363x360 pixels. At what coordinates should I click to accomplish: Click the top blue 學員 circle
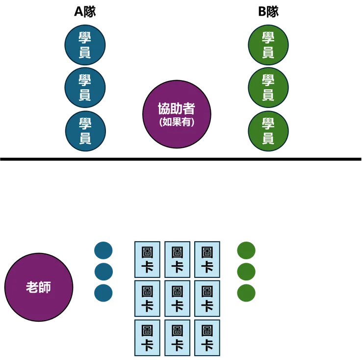pos(85,45)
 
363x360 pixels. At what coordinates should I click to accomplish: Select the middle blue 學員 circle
pos(85,87)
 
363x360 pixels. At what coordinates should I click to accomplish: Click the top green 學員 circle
pos(268,45)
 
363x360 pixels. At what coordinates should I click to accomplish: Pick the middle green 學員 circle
pos(268,87)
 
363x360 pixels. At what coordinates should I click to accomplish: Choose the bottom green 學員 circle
pos(268,131)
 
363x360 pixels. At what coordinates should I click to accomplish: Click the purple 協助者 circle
pos(177,114)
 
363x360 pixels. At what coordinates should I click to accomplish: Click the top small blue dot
pos(103,250)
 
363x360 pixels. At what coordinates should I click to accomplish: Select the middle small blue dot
pos(103,272)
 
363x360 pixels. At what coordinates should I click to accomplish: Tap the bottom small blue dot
pos(103,293)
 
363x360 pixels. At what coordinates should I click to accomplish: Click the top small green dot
pos(246,250)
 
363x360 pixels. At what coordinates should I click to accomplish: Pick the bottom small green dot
pos(246,294)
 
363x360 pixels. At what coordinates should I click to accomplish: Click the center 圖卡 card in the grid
pos(177,298)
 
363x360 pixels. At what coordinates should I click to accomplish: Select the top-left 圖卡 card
pos(147,259)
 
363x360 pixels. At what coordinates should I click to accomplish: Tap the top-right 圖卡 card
pos(207,259)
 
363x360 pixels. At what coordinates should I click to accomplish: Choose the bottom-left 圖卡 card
pos(147,337)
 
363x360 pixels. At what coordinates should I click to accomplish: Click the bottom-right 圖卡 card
pos(207,337)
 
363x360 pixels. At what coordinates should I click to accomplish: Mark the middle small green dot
pos(246,272)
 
